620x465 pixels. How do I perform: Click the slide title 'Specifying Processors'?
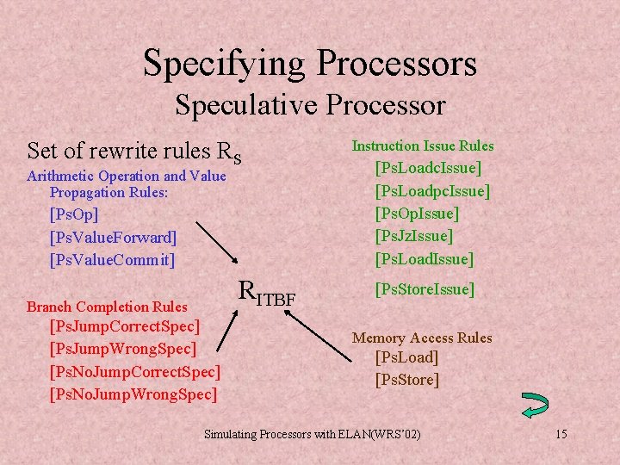[x=310, y=63]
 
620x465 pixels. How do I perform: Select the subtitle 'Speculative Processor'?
[x=310, y=105]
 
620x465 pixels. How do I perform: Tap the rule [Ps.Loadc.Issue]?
[x=428, y=167]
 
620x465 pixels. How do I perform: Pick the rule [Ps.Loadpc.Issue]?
[x=432, y=189]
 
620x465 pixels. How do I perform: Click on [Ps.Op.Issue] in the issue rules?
[x=417, y=213]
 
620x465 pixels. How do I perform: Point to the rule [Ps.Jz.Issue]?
[x=413, y=235]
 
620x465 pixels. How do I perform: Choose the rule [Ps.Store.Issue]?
[x=424, y=289]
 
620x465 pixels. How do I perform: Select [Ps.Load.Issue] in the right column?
[x=424, y=258]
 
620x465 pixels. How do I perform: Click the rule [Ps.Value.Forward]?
[x=113, y=236]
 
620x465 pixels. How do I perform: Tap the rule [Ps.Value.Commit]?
[x=112, y=259]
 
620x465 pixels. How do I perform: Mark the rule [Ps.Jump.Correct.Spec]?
[x=125, y=326]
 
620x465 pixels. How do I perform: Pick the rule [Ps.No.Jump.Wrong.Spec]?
[x=133, y=394]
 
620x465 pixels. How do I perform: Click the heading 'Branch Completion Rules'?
[x=107, y=307]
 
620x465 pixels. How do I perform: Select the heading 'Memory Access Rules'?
[x=422, y=338]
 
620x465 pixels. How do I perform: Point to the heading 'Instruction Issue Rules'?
[x=422, y=146]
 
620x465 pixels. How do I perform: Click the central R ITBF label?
[x=266, y=294]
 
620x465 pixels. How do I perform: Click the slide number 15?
[x=561, y=434]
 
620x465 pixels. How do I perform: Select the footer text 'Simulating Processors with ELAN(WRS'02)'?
[x=313, y=434]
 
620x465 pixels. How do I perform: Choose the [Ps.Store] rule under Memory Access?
[x=406, y=380]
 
